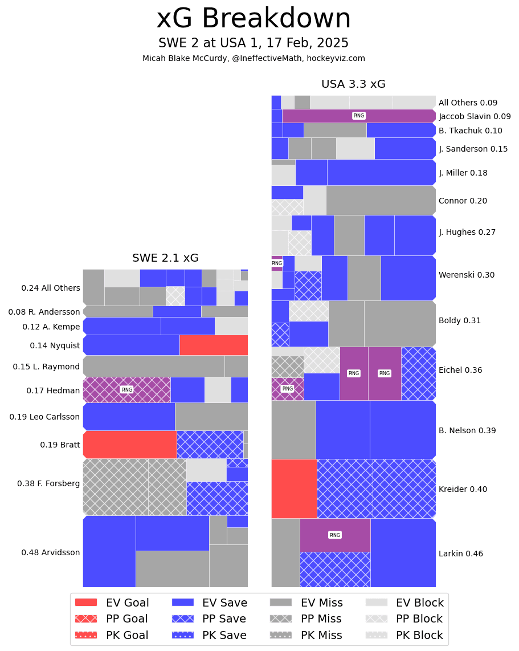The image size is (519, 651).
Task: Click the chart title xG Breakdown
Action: coord(254,19)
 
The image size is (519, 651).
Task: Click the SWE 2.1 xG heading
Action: coord(165,258)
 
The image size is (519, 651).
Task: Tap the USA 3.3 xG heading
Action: coord(353,84)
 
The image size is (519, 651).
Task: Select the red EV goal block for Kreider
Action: coord(294,489)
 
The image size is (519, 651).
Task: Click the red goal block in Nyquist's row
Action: coord(214,345)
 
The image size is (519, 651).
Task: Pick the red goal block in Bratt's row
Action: coord(130,445)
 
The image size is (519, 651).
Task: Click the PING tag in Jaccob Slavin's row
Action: coord(359,116)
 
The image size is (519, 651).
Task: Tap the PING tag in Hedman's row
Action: coord(126,390)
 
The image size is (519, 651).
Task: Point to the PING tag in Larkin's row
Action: coord(335,535)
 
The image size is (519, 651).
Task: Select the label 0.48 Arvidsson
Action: coord(51,552)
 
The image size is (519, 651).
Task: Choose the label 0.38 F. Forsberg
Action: coord(48,483)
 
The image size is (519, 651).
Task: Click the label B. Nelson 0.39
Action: coord(467,430)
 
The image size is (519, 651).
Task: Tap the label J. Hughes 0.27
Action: coord(467,232)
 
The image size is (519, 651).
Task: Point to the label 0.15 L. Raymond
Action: coord(46,367)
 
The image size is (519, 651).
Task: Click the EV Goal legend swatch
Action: coord(86,603)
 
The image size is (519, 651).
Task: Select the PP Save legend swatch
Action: coord(183,619)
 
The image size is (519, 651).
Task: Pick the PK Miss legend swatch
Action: coord(280,635)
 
